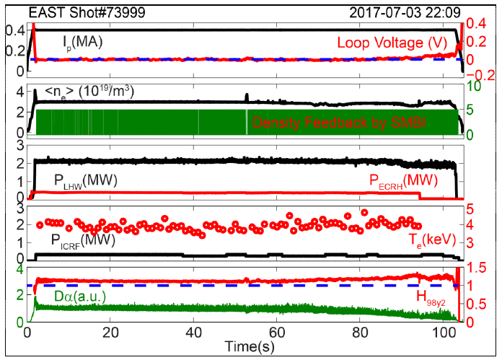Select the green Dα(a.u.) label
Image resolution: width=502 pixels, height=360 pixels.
coord(74,296)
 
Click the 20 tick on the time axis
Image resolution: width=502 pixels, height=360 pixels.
coord(110,333)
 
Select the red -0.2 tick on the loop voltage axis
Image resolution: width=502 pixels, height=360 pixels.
coord(481,74)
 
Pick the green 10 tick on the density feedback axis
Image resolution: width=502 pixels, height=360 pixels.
coord(475,87)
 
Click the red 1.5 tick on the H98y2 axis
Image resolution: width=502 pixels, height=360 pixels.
coord(477,267)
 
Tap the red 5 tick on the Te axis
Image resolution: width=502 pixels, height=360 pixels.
coord(470,210)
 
